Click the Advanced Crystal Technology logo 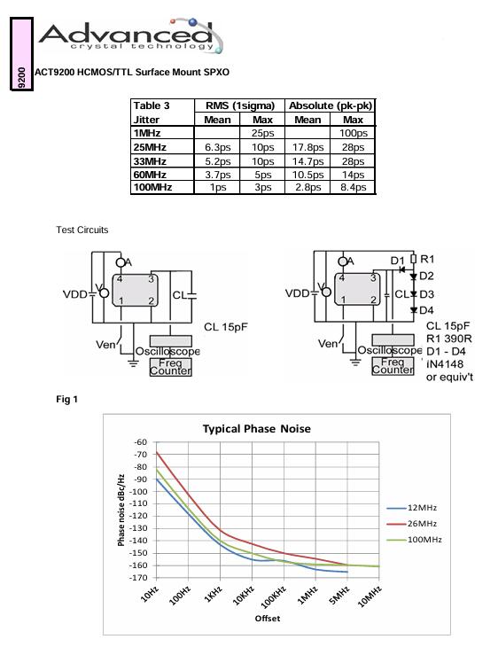pos(131,36)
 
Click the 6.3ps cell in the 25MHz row pos(217,147)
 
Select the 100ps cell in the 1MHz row pos(354,133)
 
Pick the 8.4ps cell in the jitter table pos(354,187)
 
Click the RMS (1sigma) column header pos(240,105)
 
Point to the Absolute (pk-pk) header pos(331,105)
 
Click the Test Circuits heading pos(82,230)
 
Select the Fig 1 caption pos(66,399)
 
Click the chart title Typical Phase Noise pos(257,429)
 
